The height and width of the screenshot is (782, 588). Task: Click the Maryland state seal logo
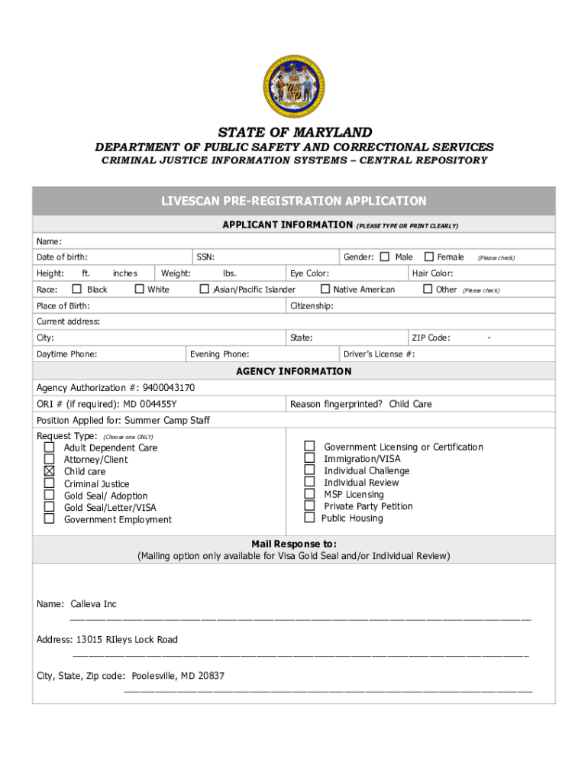coord(294,86)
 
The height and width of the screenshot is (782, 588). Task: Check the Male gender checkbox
coord(385,257)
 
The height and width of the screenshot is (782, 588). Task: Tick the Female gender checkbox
coord(428,257)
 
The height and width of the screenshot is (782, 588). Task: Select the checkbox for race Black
coord(76,289)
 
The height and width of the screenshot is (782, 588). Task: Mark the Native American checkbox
coord(325,289)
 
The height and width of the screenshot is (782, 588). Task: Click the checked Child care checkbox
coord(50,471)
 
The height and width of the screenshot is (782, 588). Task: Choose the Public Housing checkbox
coord(309,518)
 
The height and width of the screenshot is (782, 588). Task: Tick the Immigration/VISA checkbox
coord(309,458)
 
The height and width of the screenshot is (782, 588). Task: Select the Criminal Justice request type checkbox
coord(50,483)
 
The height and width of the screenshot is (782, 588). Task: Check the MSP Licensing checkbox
coord(309,494)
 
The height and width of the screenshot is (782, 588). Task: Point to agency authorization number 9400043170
coord(167,388)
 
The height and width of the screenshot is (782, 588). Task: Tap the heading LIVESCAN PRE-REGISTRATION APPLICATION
coord(294,202)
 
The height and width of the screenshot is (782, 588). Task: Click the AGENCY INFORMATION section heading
coord(294,372)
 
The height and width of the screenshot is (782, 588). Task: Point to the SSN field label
coord(205,257)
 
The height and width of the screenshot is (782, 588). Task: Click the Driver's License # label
coord(380,354)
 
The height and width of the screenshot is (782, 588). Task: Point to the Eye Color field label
coord(309,273)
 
